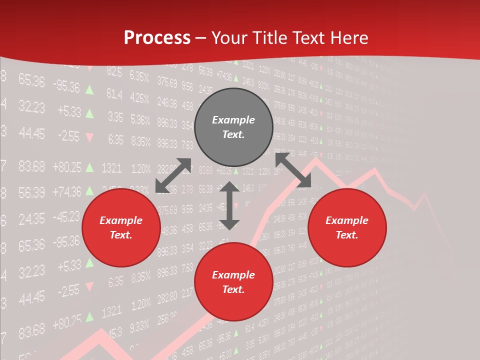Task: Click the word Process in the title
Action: pyautogui.click(x=157, y=38)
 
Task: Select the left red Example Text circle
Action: pyautogui.click(x=121, y=228)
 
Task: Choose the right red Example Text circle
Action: pyautogui.click(x=347, y=228)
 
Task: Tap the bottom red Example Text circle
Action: pyautogui.click(x=233, y=282)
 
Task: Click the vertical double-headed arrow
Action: pyautogui.click(x=229, y=205)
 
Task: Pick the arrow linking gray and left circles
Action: pyautogui.click(x=173, y=175)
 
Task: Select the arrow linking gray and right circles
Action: pyautogui.click(x=293, y=170)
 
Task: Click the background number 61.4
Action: pyautogui.click(x=114, y=94)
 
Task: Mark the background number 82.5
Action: pyautogui.click(x=114, y=72)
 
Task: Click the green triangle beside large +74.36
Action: pyautogui.click(x=89, y=190)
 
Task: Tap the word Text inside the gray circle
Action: pyautogui.click(x=233, y=134)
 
